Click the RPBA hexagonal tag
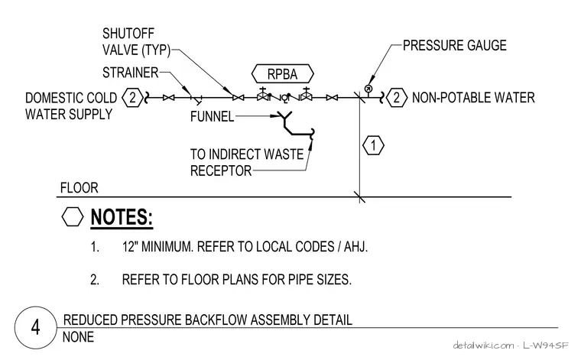[282, 73]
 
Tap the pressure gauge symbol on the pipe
[368, 89]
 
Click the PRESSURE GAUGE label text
[455, 45]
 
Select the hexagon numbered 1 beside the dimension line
[373, 145]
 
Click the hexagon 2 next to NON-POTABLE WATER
[397, 98]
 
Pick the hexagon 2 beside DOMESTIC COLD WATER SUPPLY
[132, 98]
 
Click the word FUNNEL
[212, 117]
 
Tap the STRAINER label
[131, 73]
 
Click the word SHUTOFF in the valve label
[128, 34]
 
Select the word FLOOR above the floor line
[80, 188]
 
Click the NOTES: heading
[122, 217]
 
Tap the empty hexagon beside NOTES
[73, 216]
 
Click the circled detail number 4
[36, 328]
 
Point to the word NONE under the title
[78, 337]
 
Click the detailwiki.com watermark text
[483, 345]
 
